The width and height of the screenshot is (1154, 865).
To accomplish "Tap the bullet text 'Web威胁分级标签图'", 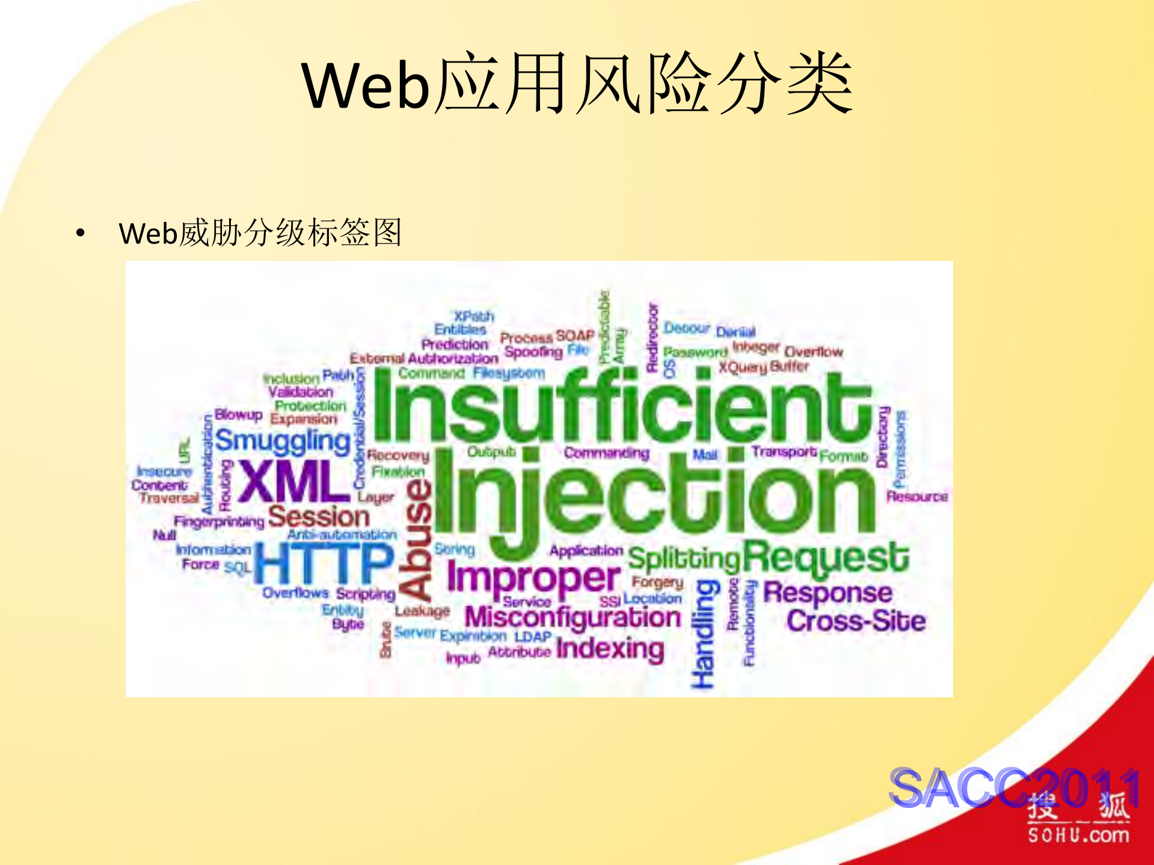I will click(260, 233).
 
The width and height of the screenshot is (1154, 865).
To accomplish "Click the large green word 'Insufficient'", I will click(622, 406).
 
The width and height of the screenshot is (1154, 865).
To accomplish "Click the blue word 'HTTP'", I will click(324, 562).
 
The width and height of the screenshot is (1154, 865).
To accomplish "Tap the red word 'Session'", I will click(319, 517).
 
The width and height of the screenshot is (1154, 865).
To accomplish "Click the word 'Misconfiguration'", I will click(572, 617).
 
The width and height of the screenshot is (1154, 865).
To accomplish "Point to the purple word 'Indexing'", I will click(610, 649).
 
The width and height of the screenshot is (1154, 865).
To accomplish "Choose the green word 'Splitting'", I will click(684, 559).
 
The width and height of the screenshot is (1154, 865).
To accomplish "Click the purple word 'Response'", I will click(827, 593).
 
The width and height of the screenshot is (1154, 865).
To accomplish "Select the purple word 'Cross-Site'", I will click(856, 621).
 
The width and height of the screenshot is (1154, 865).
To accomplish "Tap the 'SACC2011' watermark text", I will click(1014, 787).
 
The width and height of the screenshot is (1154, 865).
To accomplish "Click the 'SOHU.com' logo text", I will click(1078, 835).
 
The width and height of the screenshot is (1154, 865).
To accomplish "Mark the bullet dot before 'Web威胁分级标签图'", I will click(81, 233).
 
